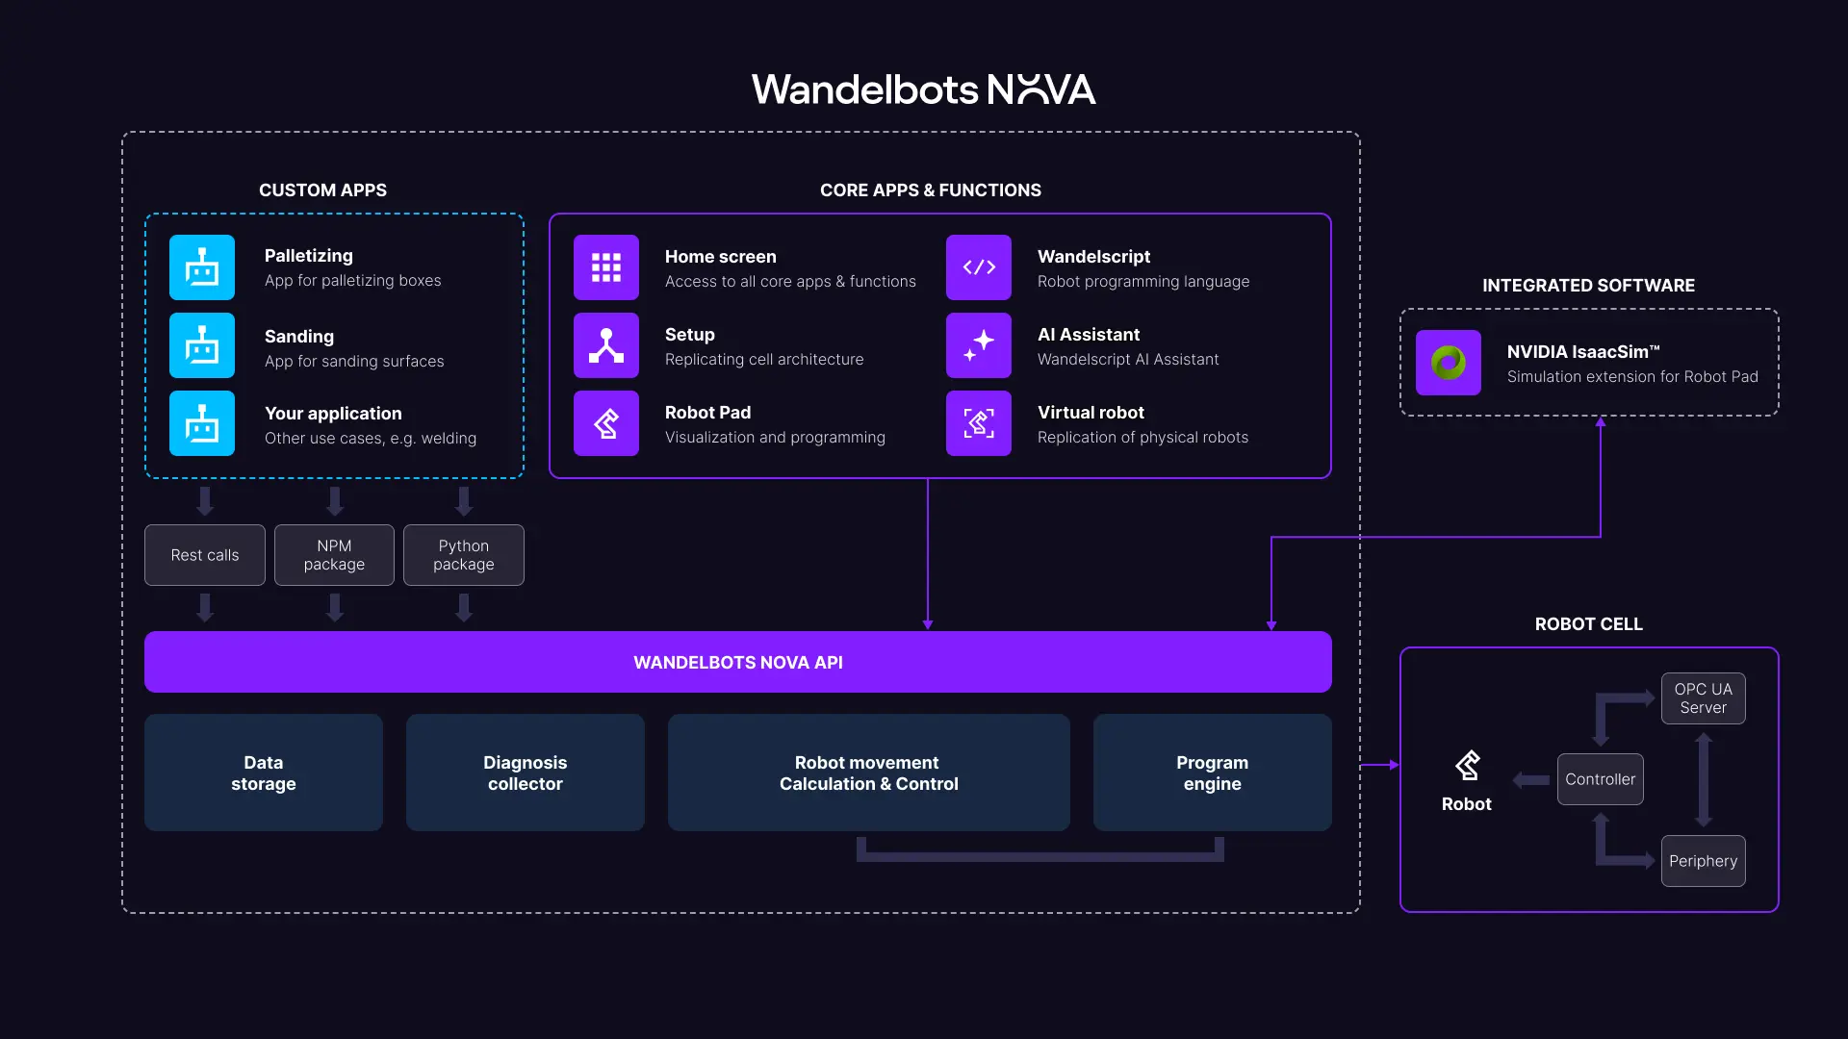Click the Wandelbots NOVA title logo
923,89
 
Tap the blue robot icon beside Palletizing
202,267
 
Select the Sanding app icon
202,345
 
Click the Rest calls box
205,555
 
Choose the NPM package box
334,555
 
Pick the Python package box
464,555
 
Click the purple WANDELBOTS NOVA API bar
737,662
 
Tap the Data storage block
264,773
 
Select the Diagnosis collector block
526,773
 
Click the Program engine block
1212,773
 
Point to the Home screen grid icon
606,267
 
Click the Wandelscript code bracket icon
979,267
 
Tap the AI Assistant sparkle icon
979,345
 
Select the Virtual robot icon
979,423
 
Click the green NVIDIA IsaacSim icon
1449,363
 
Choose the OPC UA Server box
1703,698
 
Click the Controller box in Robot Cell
1600,779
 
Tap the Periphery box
1703,861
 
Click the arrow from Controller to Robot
1531,780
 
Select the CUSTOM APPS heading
322,190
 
